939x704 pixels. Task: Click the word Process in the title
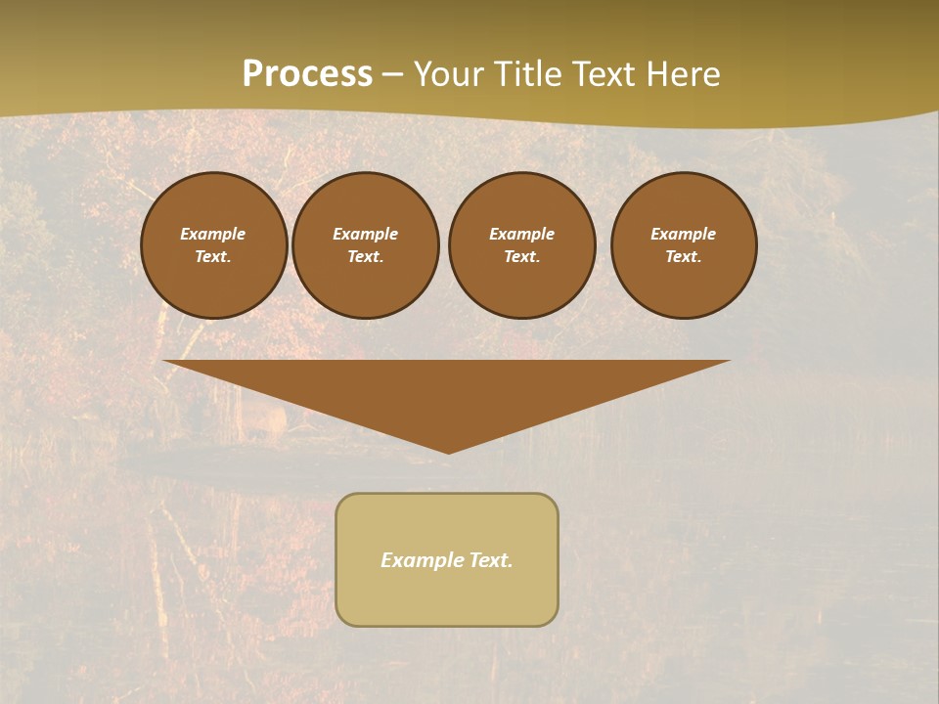point(307,74)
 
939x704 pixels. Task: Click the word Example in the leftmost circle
point(213,234)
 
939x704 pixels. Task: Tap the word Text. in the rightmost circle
point(684,257)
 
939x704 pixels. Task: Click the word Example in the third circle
point(522,234)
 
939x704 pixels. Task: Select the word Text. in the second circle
point(366,257)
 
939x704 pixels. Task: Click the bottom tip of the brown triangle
point(448,451)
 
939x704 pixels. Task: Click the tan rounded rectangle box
point(447,596)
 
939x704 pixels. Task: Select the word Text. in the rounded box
point(491,560)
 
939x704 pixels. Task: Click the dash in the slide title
point(393,74)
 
